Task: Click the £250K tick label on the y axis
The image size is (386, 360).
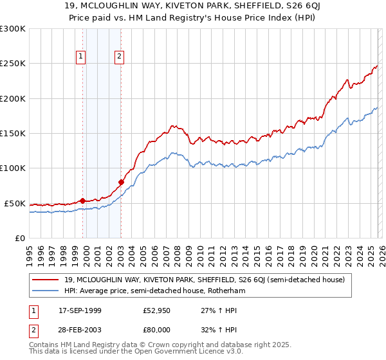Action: (x=13, y=64)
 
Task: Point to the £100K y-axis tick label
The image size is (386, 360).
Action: (x=13, y=168)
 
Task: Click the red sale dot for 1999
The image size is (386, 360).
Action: (x=82, y=201)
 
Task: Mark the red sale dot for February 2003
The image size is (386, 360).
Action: (x=121, y=182)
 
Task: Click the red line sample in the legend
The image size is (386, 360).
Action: (x=46, y=280)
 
